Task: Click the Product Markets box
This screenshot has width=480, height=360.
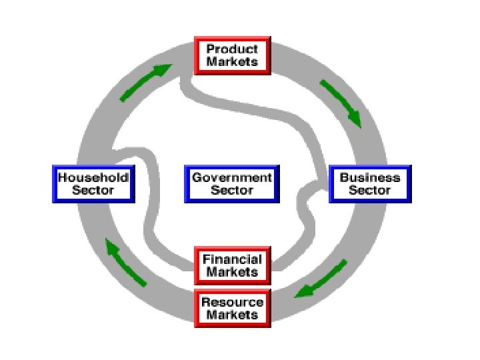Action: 231,56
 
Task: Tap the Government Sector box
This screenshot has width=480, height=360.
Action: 231,184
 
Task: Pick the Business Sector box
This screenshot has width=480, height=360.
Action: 369,184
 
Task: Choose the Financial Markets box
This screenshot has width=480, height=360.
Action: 231,265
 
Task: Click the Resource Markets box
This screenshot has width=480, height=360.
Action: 231,309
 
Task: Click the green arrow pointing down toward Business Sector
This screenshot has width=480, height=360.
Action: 341,103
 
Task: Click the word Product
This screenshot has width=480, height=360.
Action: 231,49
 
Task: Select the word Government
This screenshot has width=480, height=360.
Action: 231,177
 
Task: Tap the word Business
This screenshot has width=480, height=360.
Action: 369,177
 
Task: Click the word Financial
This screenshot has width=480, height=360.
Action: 231,259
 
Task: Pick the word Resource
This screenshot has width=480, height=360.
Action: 231,302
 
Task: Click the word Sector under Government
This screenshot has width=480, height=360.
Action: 231,191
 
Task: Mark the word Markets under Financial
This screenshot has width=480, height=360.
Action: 231,272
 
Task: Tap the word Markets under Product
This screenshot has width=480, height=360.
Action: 231,63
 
